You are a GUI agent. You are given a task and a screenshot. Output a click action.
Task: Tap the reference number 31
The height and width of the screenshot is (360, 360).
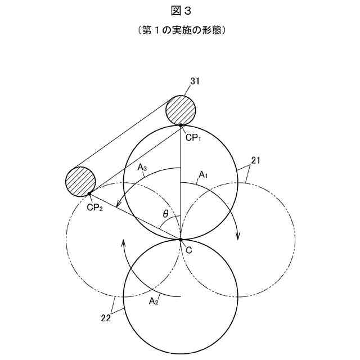195,82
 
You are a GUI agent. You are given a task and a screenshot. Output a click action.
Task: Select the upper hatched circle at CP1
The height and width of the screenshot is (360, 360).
181,110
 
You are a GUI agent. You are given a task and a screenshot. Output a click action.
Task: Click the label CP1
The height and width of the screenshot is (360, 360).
193,137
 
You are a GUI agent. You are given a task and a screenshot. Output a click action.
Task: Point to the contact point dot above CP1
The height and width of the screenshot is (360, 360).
181,125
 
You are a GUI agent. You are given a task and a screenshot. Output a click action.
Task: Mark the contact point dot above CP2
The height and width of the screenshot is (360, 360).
89,194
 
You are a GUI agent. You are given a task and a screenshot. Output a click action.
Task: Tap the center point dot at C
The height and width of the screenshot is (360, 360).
181,240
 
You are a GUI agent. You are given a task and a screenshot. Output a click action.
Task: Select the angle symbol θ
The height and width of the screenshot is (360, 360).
165,214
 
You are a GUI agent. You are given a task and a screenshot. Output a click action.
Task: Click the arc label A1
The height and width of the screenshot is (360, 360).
202,175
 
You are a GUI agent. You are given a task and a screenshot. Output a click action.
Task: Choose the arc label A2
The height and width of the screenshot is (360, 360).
153,301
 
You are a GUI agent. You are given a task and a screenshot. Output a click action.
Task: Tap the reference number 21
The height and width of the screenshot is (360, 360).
255,161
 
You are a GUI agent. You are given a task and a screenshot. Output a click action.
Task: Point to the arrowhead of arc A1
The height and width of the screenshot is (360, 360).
238,236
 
